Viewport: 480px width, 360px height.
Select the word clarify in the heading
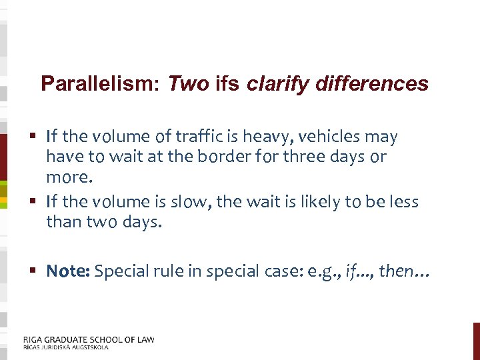tap(274, 84)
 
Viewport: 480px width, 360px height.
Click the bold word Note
tap(68, 271)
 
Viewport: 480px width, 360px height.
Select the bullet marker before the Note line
tap(34, 271)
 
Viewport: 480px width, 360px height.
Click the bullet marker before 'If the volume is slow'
tap(34, 201)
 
